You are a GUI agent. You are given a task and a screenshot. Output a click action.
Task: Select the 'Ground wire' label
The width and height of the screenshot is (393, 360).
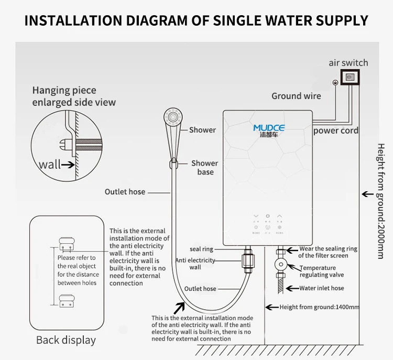tap(296, 96)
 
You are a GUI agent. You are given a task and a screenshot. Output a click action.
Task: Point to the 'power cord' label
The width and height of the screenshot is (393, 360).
tap(336, 130)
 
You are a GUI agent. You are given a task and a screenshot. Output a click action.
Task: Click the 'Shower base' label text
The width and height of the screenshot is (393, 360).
tap(204, 168)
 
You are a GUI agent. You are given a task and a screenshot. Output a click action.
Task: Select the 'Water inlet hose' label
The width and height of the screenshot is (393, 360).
tap(322, 288)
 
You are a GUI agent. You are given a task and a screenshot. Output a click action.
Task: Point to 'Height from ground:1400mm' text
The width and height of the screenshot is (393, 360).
tap(320, 307)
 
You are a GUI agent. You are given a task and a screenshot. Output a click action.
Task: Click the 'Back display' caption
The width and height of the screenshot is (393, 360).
tap(66, 340)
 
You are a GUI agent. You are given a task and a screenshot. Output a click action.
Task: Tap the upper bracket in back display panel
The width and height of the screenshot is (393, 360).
tap(66, 243)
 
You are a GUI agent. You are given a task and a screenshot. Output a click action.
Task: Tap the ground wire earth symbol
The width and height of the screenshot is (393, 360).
tap(335, 82)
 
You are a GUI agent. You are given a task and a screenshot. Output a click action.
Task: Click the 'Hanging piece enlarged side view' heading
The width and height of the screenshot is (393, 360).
tap(74, 96)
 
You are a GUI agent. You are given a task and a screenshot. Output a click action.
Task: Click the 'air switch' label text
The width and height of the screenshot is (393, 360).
tap(348, 63)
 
